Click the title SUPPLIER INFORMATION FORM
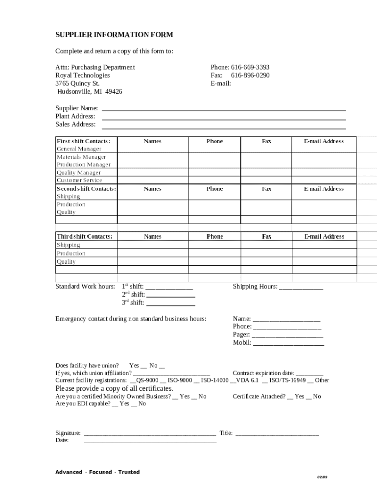coord(114,35)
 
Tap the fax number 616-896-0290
coord(250,75)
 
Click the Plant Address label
coord(75,116)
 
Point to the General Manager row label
coord(79,149)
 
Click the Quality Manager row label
coord(79,173)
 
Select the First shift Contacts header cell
coord(87,141)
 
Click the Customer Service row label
coord(79,180)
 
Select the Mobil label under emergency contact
coord(242,343)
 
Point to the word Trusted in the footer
coord(129,472)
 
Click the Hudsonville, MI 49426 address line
coord(90,92)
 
